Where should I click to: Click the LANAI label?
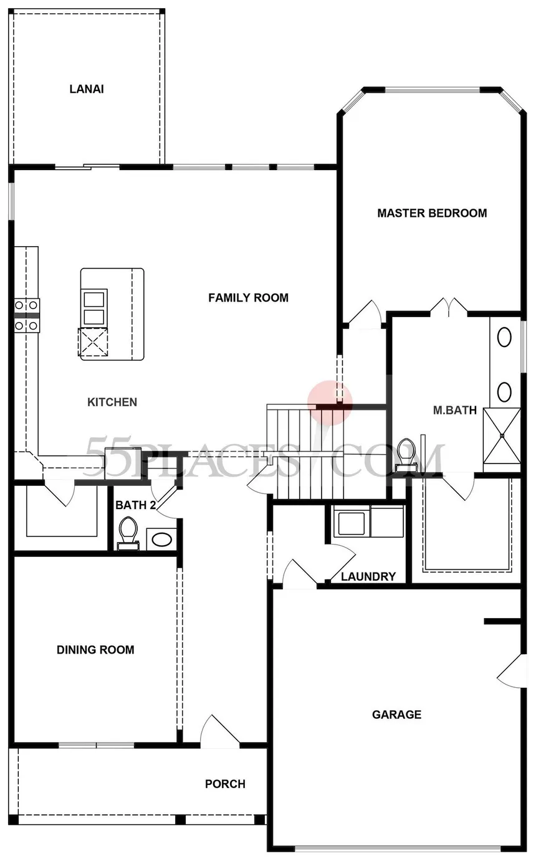[86, 89]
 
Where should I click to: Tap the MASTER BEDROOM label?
[432, 213]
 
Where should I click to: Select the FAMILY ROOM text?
[248, 298]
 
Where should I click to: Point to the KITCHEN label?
[112, 402]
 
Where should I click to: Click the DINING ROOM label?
[95, 650]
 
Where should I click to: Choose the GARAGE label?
[396, 715]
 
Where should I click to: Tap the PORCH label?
[225, 784]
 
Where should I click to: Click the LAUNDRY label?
[368, 576]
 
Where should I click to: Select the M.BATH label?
[455, 410]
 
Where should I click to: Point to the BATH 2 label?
[135, 505]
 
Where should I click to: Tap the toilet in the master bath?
[406, 452]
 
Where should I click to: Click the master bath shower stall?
[502, 435]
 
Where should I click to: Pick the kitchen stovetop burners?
[27, 315]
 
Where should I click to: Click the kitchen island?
[112, 314]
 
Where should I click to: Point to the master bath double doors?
[449, 306]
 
